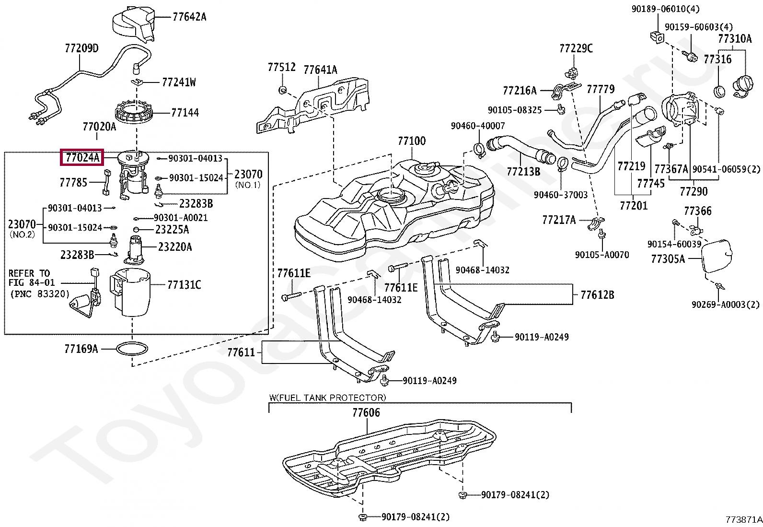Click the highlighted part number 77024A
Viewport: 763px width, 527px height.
coord(82,157)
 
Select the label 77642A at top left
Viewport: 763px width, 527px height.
coord(189,17)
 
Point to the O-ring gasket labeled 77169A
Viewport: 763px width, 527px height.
coord(132,349)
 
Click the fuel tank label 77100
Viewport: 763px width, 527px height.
coord(411,141)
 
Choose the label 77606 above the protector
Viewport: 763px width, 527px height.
coord(366,412)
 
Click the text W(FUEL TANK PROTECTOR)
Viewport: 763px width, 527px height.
coord(327,398)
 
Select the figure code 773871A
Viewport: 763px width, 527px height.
coord(743,519)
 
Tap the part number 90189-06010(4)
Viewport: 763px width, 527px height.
coord(665,9)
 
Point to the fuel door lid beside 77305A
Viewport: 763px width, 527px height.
coord(717,256)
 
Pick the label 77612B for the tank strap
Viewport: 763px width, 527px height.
coord(597,295)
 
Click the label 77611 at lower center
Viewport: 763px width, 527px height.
coord(241,352)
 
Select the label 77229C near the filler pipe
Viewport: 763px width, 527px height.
coord(576,48)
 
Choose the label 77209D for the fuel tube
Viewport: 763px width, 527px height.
coord(81,48)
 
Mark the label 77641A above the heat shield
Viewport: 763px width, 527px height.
coord(320,70)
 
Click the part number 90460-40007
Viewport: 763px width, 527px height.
coord(477,126)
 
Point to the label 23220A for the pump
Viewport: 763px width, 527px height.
coord(175,247)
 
